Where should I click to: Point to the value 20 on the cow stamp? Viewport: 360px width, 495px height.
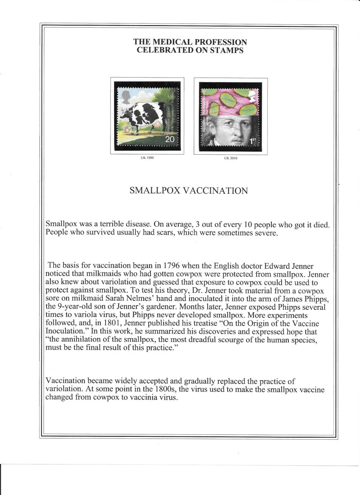(x=169, y=140)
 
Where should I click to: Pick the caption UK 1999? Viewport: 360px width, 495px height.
(x=147, y=158)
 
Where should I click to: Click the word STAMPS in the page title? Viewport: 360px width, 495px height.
(x=228, y=50)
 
